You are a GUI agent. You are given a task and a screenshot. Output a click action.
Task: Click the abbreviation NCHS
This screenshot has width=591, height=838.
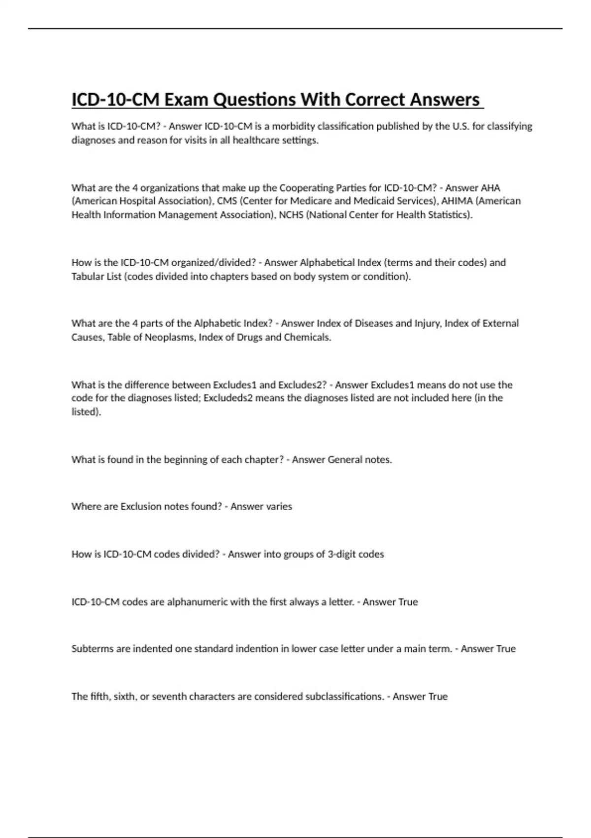[291, 215]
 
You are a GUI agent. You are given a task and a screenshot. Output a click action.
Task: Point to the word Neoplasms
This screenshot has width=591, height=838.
[169, 338]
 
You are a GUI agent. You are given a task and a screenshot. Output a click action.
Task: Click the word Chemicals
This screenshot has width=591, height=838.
[307, 338]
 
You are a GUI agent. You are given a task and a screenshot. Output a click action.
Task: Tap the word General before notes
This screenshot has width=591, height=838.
[345, 460]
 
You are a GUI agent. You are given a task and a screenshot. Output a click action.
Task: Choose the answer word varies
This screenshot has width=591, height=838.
[276, 507]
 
